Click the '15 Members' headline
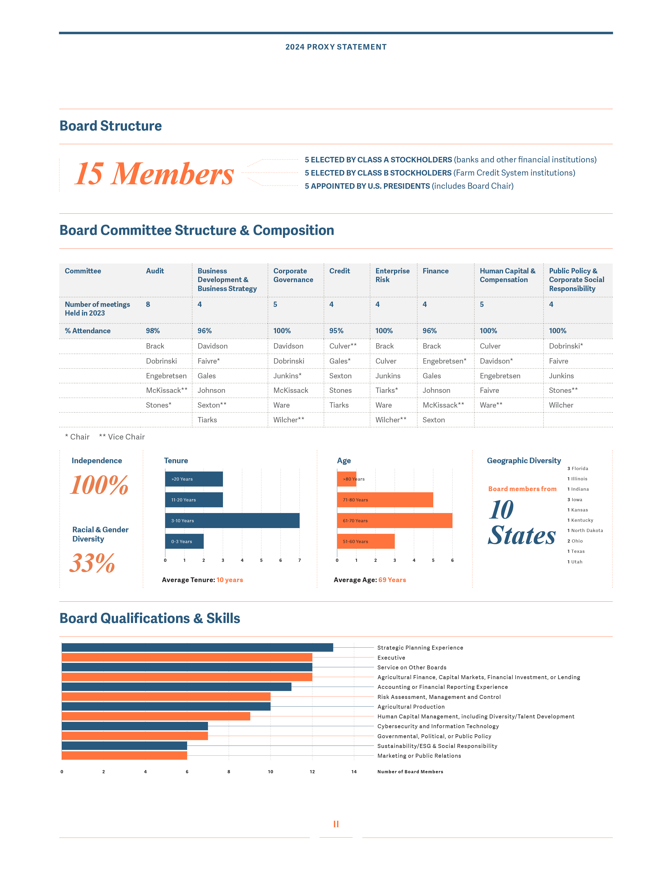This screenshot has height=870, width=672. point(154,174)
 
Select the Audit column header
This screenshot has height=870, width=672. point(155,271)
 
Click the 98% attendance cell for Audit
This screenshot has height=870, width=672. point(153,331)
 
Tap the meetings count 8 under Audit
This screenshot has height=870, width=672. point(148,304)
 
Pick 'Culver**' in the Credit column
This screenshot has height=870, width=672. point(343,346)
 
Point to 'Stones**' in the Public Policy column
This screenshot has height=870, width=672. point(563,390)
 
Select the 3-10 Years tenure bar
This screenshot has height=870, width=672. point(232,521)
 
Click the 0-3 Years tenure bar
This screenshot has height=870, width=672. point(184,541)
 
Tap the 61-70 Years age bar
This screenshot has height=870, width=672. point(394,521)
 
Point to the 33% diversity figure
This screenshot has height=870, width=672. point(92,563)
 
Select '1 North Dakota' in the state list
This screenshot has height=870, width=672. point(585,531)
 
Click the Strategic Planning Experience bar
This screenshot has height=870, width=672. point(197,648)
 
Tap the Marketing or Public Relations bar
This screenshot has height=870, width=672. point(124,756)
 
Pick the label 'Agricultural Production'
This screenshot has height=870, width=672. point(411,707)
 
